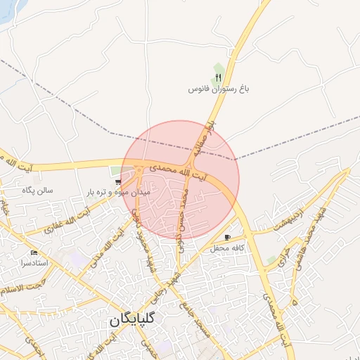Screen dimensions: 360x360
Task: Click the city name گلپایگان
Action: pyautogui.click(x=136, y=319)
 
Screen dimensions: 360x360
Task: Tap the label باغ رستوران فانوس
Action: pyautogui.click(x=219, y=89)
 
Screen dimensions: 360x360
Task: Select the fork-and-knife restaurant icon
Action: pyautogui.click(x=219, y=77)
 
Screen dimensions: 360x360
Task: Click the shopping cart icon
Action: pyautogui.click(x=117, y=182)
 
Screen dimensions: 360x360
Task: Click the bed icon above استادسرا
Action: pyautogui.click(x=34, y=252)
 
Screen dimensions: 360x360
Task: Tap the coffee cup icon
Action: pyautogui.click(x=227, y=238)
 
